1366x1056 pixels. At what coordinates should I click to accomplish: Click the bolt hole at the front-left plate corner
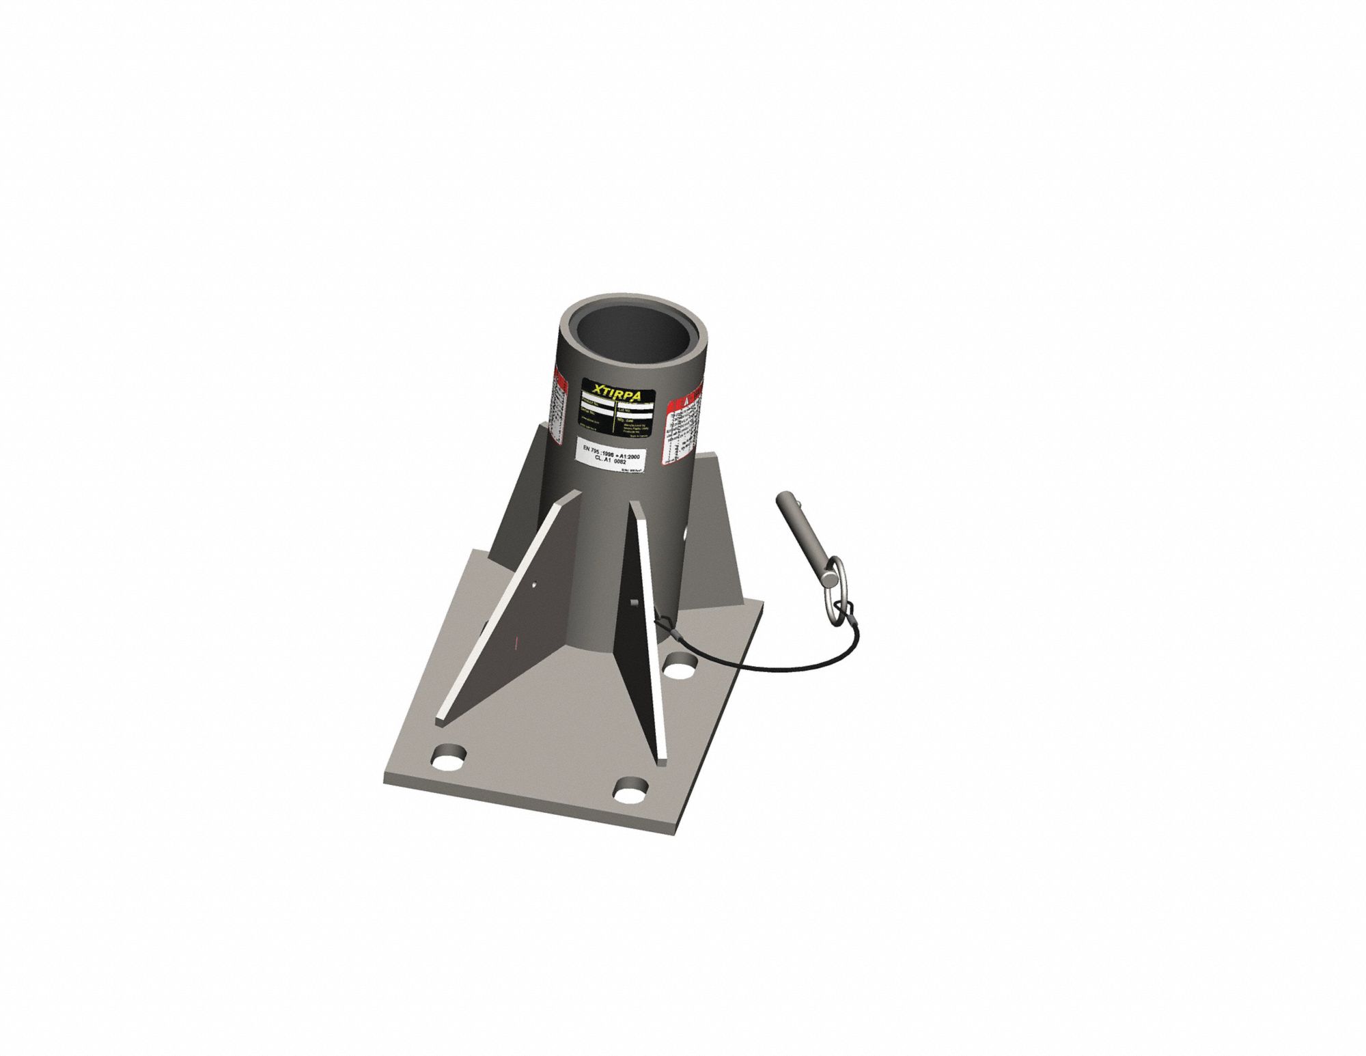click(449, 758)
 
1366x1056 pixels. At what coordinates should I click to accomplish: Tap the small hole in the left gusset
click(534, 584)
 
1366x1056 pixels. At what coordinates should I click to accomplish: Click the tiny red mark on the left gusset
click(517, 642)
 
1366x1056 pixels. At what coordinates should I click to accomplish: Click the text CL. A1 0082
click(611, 462)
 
